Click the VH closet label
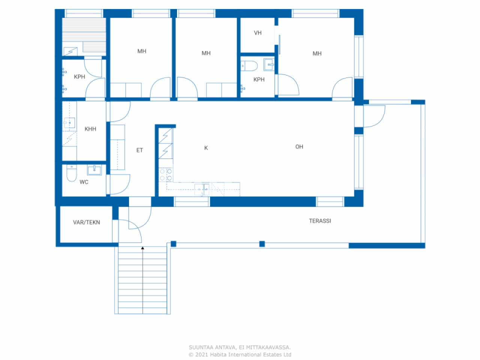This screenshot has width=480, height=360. point(258,33)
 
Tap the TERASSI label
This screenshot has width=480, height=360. point(320,221)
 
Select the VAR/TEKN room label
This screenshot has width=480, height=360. point(86,222)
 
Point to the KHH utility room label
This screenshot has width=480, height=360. point(90,129)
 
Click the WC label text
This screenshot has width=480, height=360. point(84,182)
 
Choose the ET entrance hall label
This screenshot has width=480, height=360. point(139,150)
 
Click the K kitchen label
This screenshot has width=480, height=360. point(206,148)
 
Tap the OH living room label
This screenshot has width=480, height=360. point(299,147)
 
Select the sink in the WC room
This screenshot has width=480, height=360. point(94,170)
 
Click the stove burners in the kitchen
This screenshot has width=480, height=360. point(165,175)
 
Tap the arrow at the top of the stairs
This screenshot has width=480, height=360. point(142,248)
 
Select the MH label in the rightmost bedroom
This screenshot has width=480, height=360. point(317,54)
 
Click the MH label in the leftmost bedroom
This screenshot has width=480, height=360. point(142,51)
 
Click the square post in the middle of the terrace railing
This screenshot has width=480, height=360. point(262,244)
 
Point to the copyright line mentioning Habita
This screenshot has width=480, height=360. point(240,355)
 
